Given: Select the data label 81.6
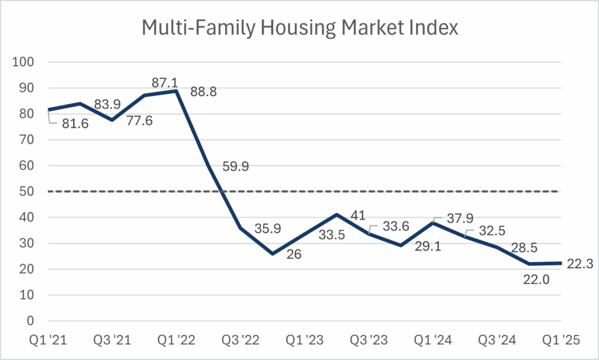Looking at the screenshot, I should (x=72, y=124).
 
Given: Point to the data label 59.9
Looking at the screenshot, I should (x=237, y=167).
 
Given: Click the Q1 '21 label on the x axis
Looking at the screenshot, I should (x=48, y=340).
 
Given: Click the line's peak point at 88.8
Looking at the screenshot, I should (x=176, y=91).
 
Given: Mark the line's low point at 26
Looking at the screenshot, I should (x=273, y=253).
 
